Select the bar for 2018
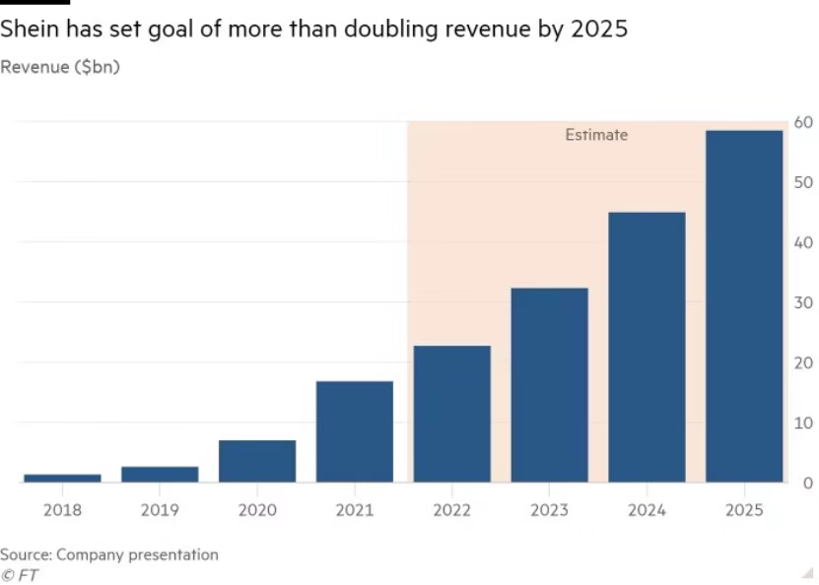(62, 478)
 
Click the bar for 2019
(160, 474)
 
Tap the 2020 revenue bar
(257, 461)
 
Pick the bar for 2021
(355, 431)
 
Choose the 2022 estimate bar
(452, 414)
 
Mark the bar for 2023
(549, 385)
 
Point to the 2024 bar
(647, 347)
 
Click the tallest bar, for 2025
(744, 306)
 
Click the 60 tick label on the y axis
(802, 122)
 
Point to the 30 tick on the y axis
(802, 302)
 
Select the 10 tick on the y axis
(802, 422)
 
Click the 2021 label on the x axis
(355, 510)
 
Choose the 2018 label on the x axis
(62, 510)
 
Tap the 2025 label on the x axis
(744, 510)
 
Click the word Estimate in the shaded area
(595, 135)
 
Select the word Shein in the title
(28, 30)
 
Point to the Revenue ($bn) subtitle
(60, 67)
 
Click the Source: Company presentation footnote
(109, 554)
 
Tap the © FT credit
(20, 575)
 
